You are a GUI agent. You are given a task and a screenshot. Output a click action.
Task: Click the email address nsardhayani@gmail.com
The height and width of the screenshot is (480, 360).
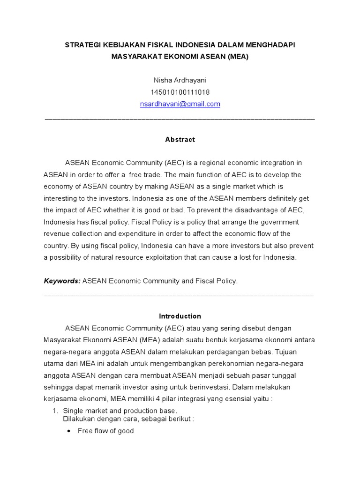pos(180,104)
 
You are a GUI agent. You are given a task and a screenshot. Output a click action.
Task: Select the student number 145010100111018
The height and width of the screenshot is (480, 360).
pos(180,92)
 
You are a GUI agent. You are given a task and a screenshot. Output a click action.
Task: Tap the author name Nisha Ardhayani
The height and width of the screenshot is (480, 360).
pos(180,80)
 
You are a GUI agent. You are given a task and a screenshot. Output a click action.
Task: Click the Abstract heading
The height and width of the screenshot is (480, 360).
pos(180,139)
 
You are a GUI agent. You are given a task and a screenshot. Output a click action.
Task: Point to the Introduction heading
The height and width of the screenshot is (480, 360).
pos(180,316)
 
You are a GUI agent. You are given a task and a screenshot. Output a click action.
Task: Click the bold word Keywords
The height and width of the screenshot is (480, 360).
pos(62,281)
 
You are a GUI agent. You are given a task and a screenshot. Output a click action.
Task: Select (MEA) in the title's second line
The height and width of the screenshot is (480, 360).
pos(238,56)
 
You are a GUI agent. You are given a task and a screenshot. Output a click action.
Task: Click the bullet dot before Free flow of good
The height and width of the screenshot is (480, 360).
pos(69,431)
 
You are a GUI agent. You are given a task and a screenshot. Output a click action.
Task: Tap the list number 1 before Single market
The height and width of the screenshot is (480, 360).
pos(54,411)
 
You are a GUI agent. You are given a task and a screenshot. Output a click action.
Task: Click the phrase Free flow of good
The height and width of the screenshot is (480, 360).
pos(105,431)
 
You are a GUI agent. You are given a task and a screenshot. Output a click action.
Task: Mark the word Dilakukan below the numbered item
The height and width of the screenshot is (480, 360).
pos(80,419)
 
